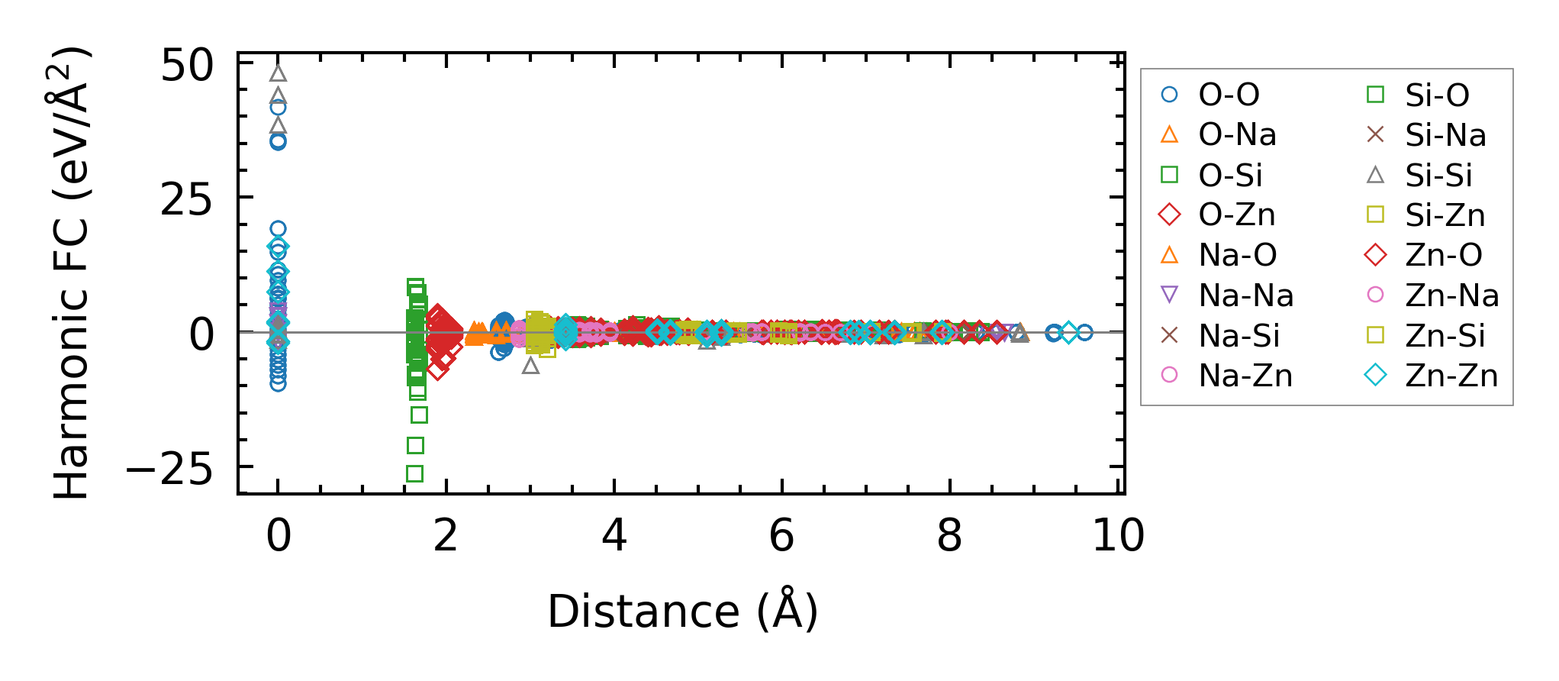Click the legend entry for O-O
pyautogui.click(x=1229, y=95)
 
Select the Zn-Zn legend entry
pyautogui.click(x=1451, y=376)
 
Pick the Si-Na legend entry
pyautogui.click(x=1445, y=135)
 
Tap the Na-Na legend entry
pyautogui.click(x=1245, y=295)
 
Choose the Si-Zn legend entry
pyautogui.click(x=1445, y=215)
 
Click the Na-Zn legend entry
pyautogui.click(x=1245, y=376)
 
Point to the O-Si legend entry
pyautogui.click(x=1230, y=176)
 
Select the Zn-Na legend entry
pyautogui.click(x=1451, y=295)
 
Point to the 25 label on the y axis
pyautogui.click(x=188, y=200)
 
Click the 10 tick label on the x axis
pyautogui.click(x=1118, y=536)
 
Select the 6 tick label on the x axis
pyautogui.click(x=781, y=536)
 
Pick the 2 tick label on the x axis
pyautogui.click(x=446, y=536)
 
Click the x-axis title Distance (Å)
pyautogui.click(x=682, y=612)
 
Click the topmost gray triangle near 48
pyautogui.click(x=279, y=73)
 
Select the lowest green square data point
pyautogui.click(x=414, y=473)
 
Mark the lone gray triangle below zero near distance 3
pyautogui.click(x=530, y=366)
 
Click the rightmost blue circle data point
pyautogui.click(x=1084, y=332)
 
